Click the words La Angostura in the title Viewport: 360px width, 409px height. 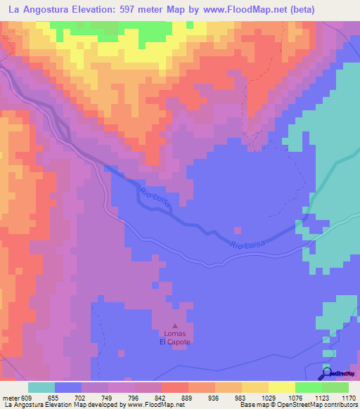[41, 10]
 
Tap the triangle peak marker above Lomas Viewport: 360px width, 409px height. [175, 325]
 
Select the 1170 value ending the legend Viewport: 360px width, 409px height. [348, 397]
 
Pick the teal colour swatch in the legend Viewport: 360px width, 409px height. [41, 387]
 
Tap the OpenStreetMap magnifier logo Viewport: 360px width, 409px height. [327, 373]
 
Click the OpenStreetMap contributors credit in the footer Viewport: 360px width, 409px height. [320, 405]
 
